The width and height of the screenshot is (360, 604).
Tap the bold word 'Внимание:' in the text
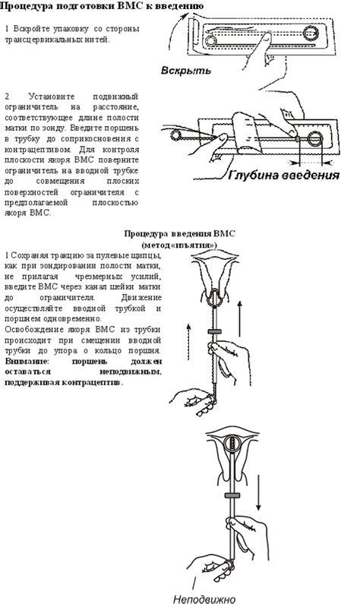tap(25, 362)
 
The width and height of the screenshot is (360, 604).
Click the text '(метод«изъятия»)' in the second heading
tap(179, 245)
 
